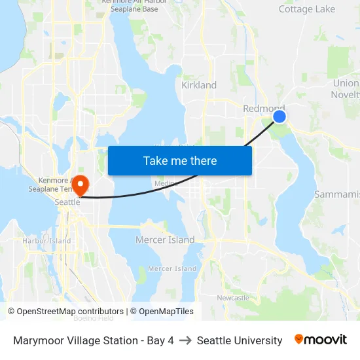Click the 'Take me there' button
click(x=180, y=160)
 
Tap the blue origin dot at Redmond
click(x=279, y=117)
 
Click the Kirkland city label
click(x=199, y=85)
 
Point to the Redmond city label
click(x=263, y=108)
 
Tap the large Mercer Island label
click(x=165, y=240)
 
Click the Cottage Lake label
click(x=306, y=9)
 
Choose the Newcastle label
click(x=233, y=298)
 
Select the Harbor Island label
click(x=46, y=241)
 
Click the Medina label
click(x=166, y=184)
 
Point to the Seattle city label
click(x=67, y=202)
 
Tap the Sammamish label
click(x=336, y=194)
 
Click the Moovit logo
click(x=320, y=340)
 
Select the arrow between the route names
click(x=185, y=340)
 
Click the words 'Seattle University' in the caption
click(x=240, y=340)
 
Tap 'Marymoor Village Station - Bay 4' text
click(x=94, y=340)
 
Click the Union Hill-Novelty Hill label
click(x=346, y=89)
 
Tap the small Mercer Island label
click(x=172, y=268)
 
